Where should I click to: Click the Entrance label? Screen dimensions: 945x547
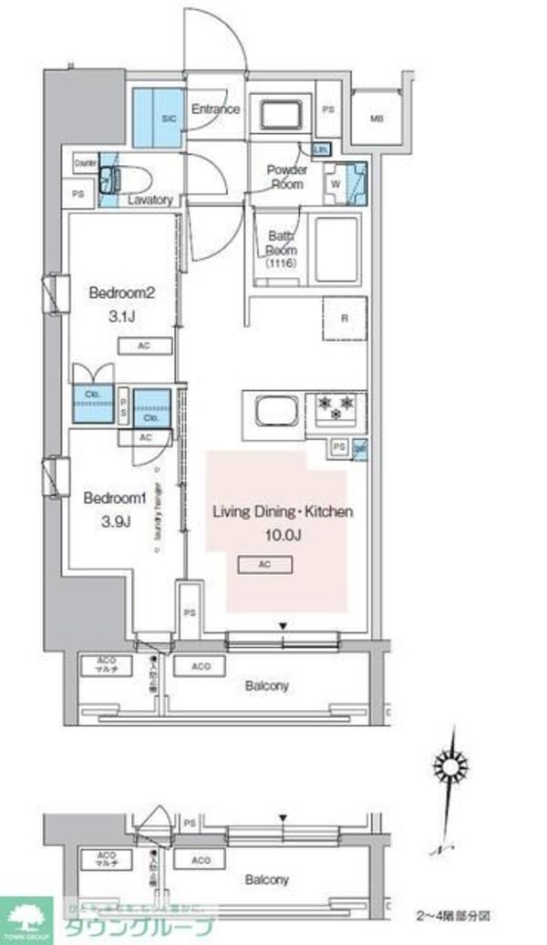tap(215, 109)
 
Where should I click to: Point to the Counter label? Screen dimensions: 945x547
tap(87, 162)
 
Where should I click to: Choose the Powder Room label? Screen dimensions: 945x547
tap(286, 177)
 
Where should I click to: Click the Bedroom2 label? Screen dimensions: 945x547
tap(119, 293)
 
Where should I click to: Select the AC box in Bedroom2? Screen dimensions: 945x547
tap(144, 346)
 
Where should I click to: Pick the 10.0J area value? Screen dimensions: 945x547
tap(281, 533)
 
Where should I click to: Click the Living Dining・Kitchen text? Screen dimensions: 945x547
tap(282, 512)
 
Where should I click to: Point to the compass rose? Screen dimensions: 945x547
tap(450, 764)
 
